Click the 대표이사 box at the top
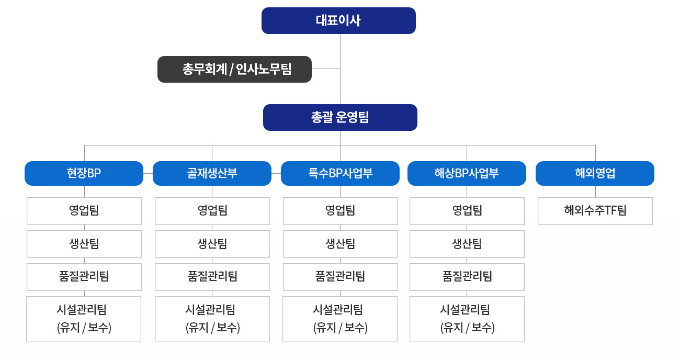pyautogui.click(x=338, y=20)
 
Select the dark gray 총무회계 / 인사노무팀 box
pyautogui.click(x=234, y=69)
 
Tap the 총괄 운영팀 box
pyautogui.click(x=340, y=118)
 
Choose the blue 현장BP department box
pyautogui.click(x=84, y=174)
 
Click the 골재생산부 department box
pyautogui.click(x=212, y=174)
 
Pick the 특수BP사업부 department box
pyautogui.click(x=340, y=174)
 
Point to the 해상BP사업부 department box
pyautogui.click(x=467, y=174)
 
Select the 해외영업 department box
pyautogui.click(x=595, y=174)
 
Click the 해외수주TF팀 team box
pyautogui.click(x=595, y=211)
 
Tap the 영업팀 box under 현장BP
pyautogui.click(x=84, y=211)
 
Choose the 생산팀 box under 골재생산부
pyautogui.click(x=212, y=244)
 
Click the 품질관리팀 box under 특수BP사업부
pyautogui.click(x=341, y=277)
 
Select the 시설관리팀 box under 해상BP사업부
pyautogui.click(x=467, y=319)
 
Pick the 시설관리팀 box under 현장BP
pyautogui.click(x=84, y=319)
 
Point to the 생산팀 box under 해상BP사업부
pyautogui.click(x=467, y=244)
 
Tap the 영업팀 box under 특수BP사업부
pyautogui.click(x=341, y=211)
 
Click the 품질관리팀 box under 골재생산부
pyautogui.click(x=212, y=277)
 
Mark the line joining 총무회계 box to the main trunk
pyautogui.click(x=326, y=69)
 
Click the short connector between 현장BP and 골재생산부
pyautogui.click(x=148, y=174)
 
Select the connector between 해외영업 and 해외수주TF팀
pyautogui.click(x=595, y=192)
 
